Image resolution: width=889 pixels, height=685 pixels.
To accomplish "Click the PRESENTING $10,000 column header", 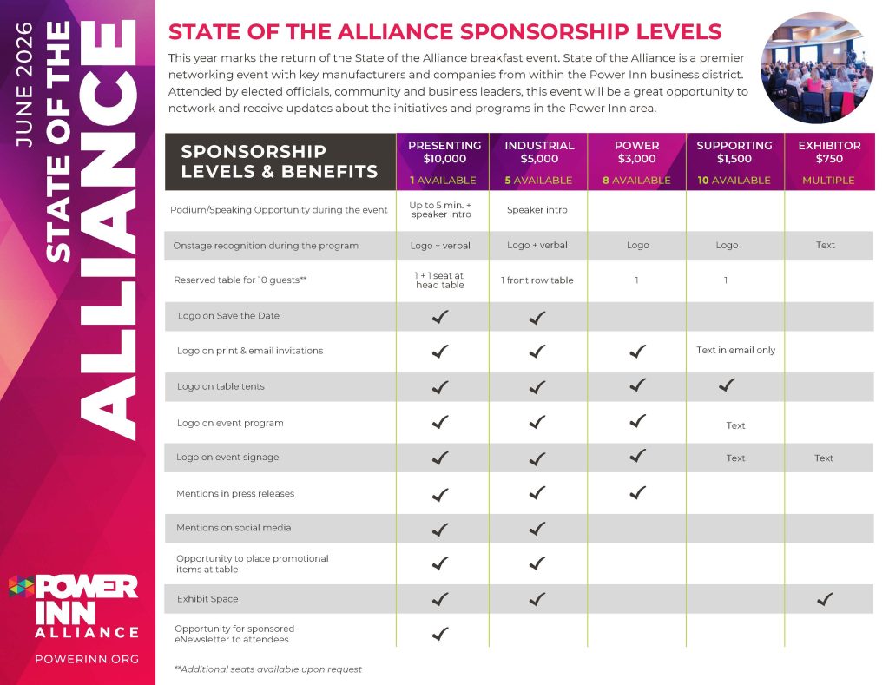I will pyautogui.click(x=444, y=152).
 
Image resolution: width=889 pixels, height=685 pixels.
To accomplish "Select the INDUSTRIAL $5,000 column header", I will pyautogui.click(x=539, y=152).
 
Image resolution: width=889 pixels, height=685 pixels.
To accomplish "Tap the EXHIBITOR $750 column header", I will pyautogui.click(x=829, y=152).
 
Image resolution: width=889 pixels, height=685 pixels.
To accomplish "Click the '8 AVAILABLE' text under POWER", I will pyautogui.click(x=637, y=181).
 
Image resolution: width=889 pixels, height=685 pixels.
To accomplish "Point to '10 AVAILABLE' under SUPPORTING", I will pyautogui.click(x=734, y=181).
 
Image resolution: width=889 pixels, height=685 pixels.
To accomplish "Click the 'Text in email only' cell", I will pyautogui.click(x=735, y=351).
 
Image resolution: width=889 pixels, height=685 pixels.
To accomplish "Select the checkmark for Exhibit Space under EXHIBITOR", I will pyautogui.click(x=826, y=599).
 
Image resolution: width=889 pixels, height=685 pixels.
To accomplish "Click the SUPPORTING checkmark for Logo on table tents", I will pyautogui.click(x=728, y=385).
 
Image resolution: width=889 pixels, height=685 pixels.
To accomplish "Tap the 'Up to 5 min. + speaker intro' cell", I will pyautogui.click(x=440, y=209).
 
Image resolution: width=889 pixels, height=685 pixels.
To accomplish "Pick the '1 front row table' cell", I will pyautogui.click(x=537, y=280).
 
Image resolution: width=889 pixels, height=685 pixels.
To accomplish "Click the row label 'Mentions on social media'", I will pyautogui.click(x=234, y=528).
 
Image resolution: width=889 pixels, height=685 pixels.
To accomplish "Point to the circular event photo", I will pyautogui.click(x=816, y=68).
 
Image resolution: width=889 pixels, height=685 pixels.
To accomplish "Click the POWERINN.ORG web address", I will pyautogui.click(x=87, y=659).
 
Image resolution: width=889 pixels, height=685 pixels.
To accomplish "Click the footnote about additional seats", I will pyautogui.click(x=268, y=669).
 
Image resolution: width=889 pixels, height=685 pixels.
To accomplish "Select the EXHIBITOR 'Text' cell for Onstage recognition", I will pyautogui.click(x=826, y=246).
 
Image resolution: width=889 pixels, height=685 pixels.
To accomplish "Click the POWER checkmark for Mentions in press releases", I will pyautogui.click(x=638, y=493).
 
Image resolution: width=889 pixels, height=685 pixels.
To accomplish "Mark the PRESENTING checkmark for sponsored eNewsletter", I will pyautogui.click(x=440, y=634).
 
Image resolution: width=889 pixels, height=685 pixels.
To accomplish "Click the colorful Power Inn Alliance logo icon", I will pyautogui.click(x=21, y=588).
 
